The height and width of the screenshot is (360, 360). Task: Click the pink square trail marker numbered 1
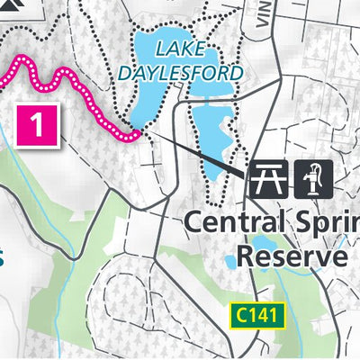(x=37, y=123)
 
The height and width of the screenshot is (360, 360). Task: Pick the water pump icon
(x=313, y=177)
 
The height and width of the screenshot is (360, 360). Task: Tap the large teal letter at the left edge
(x=3, y=258)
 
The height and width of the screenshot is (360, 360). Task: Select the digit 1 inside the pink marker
(x=37, y=124)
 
